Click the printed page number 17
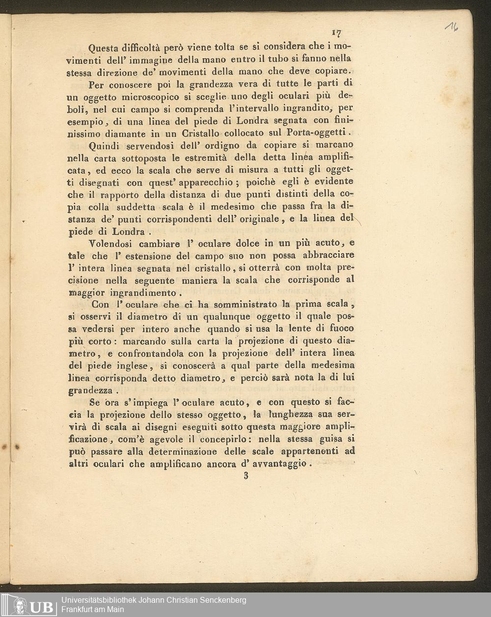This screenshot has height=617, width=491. coord(336,33)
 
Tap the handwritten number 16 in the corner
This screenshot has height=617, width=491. coord(452,27)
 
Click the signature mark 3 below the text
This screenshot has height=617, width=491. coord(246,475)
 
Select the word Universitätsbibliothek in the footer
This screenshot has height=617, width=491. coord(98,600)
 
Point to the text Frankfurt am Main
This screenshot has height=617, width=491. coord(92,610)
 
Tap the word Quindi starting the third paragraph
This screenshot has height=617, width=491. coord(105,146)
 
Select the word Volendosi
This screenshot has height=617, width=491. coord(111,244)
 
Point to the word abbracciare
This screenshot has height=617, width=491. coord(328,256)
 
